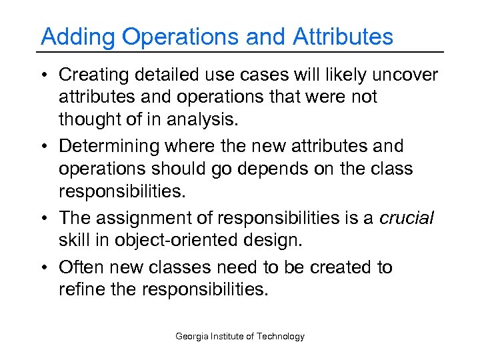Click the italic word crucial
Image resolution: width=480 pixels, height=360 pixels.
pos(406,218)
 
